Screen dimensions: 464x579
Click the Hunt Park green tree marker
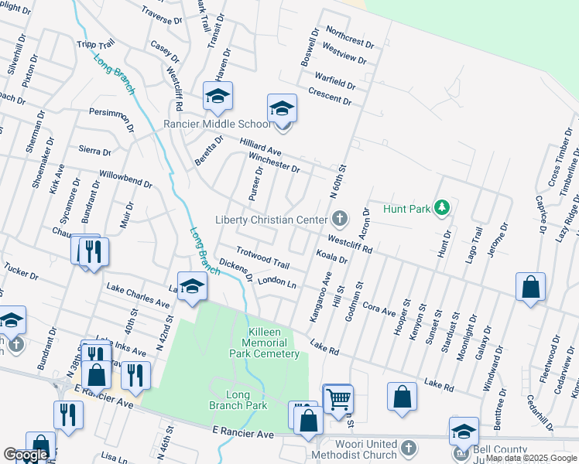click(441, 207)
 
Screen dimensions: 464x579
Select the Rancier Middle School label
click(217, 124)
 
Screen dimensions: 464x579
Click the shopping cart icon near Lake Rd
click(337, 399)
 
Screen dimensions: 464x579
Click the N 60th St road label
click(341, 179)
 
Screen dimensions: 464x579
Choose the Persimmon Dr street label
click(111, 118)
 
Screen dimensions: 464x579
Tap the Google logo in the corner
click(25, 455)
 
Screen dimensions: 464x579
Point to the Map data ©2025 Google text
click(532, 459)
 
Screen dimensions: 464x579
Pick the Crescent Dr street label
click(330, 97)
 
